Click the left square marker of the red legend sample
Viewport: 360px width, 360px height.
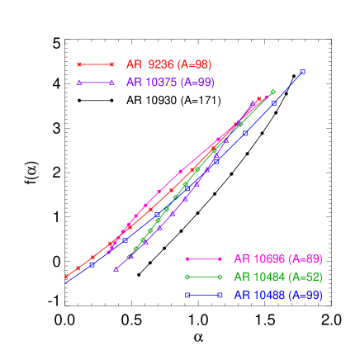tap(79, 64)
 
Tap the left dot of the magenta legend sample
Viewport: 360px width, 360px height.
tap(187, 258)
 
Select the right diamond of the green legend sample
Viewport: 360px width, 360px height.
tap(220, 277)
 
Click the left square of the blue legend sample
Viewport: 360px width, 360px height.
tap(187, 295)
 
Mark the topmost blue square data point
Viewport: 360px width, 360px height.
tap(303, 72)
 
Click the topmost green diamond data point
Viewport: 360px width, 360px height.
tap(272, 92)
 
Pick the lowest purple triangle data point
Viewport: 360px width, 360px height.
tap(116, 269)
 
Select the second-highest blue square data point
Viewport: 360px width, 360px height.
tap(275, 102)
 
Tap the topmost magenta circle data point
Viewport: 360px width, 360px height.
tap(267, 97)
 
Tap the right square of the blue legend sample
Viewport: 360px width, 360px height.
tap(220, 295)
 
